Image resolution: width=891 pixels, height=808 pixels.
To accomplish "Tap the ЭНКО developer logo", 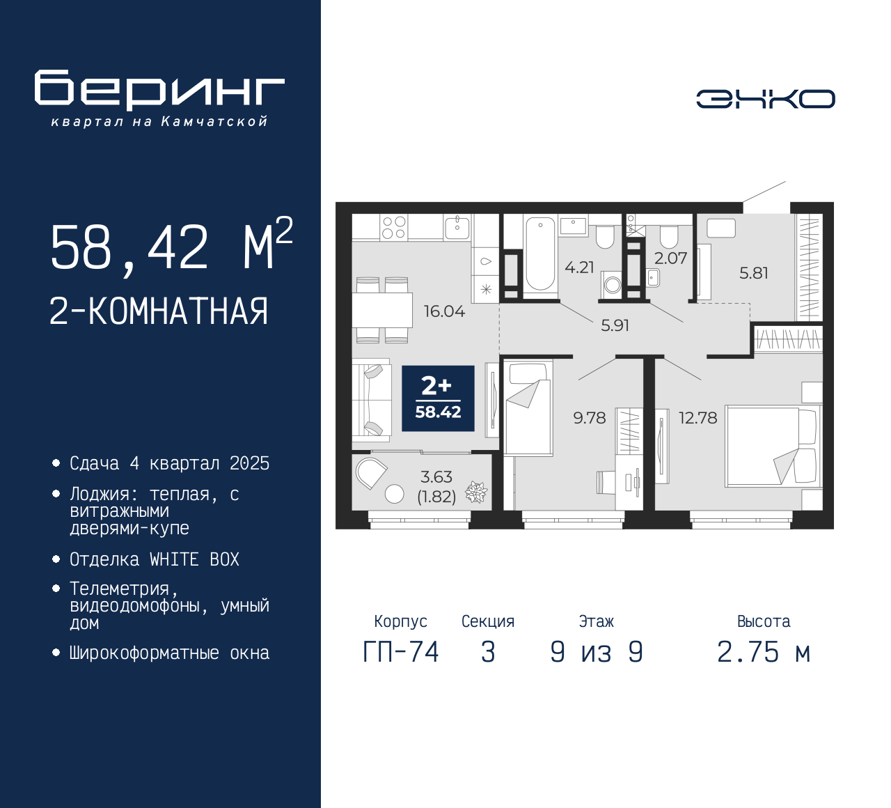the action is coord(765,99).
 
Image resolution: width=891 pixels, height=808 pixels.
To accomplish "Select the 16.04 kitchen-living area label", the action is coord(444,311).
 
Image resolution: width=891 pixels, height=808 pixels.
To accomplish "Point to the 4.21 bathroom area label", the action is coord(579,267).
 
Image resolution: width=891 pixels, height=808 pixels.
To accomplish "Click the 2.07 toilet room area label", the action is coord(671,258).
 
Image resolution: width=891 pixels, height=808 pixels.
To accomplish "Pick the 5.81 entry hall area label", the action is coord(753,273).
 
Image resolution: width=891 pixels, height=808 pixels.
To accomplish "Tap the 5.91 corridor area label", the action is coord(615,325).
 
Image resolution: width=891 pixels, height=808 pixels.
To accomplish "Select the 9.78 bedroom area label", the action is coord(590,418).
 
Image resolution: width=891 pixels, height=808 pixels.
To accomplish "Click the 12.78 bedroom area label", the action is coord(697,418).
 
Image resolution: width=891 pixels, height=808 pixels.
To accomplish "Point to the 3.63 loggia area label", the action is coord(436,477).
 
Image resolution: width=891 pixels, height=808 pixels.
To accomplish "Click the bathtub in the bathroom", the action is coord(540,254).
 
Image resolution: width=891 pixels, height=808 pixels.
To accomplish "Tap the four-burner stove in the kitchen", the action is coord(394,228).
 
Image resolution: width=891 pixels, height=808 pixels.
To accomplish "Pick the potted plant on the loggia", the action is coord(476,492).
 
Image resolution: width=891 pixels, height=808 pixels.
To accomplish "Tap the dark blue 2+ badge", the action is coord(438,398).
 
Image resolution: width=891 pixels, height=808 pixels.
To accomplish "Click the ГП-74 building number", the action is coord(401,653).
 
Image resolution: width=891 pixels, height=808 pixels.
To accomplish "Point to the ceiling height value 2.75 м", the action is coord(764,653).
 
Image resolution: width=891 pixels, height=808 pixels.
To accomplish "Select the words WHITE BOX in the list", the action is coord(194,559).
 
